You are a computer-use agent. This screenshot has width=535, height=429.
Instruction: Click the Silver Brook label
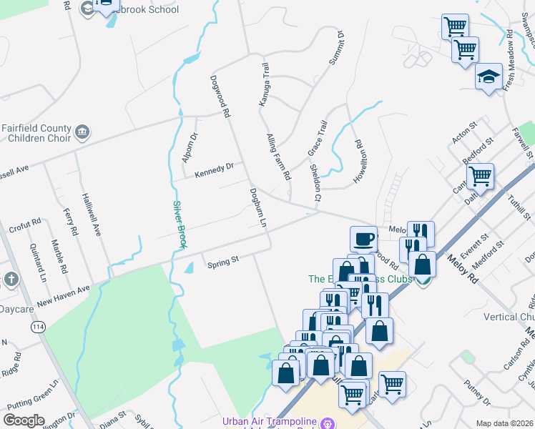pos(180,225)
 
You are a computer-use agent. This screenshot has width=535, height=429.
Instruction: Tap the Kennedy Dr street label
pos(215,169)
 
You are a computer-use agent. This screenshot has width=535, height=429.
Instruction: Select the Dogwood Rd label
pos(220,97)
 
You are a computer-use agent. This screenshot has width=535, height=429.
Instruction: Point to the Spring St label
pos(222,263)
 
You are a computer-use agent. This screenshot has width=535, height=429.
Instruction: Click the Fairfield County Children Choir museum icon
pos(83,132)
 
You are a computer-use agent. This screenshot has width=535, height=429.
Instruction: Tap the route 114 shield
pos(36,327)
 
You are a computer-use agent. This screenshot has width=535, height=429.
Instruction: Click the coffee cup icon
pos(364,238)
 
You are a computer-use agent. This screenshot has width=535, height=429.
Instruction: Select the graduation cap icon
pos(489,76)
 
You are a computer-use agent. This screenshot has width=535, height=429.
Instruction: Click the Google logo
pos(24,420)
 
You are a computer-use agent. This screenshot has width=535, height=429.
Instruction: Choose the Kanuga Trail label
pos(264,84)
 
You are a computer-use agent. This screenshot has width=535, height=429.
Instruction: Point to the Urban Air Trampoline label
pos(270,421)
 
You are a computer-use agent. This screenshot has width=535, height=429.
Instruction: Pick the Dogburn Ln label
pos(257,208)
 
